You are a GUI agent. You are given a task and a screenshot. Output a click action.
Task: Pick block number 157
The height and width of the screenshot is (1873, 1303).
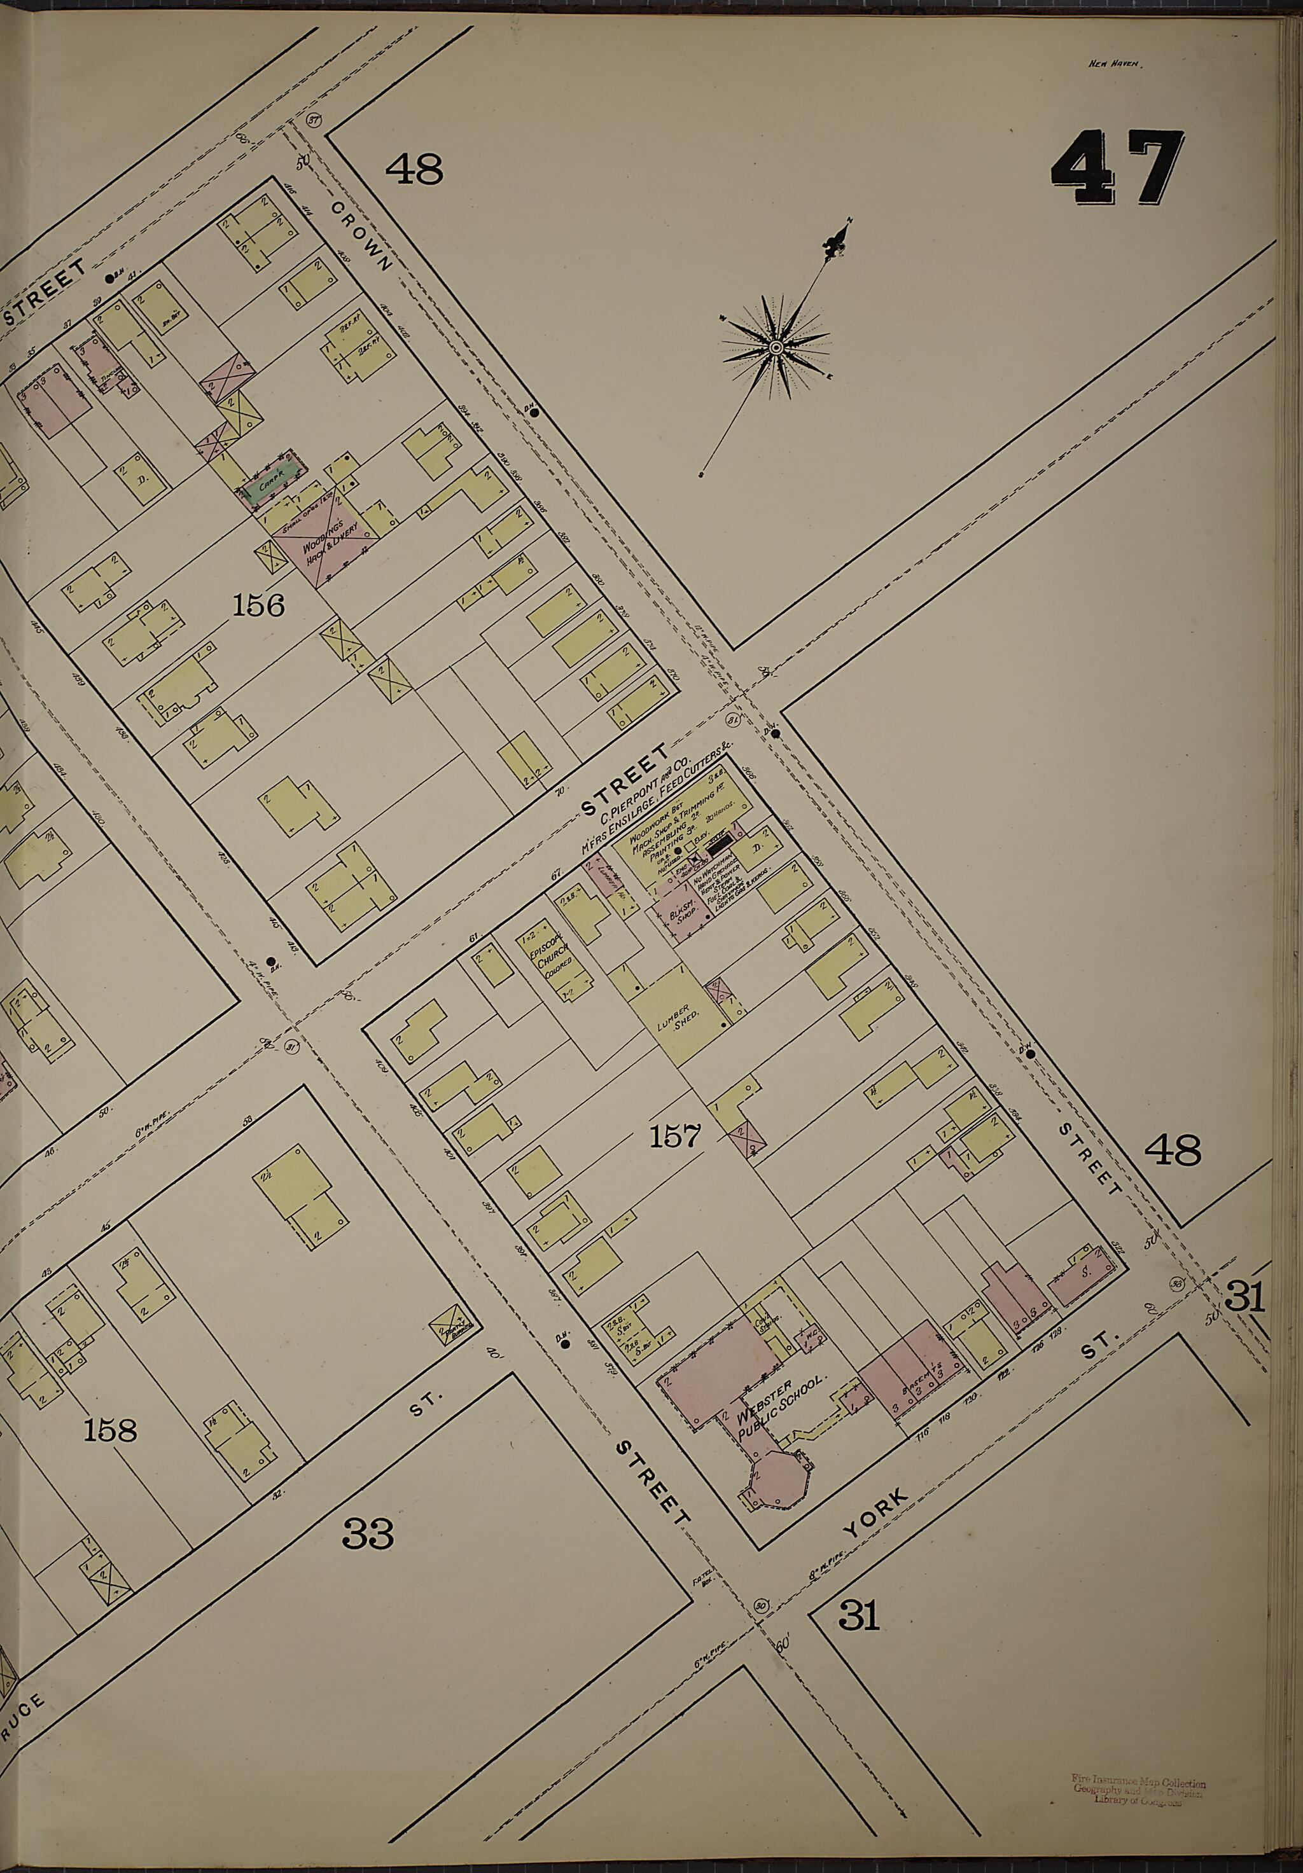(676, 1135)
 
